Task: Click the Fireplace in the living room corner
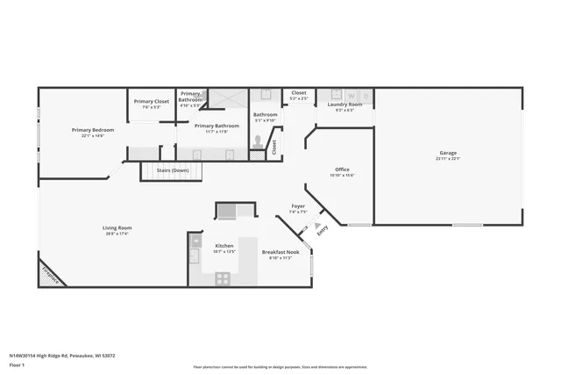(x=51, y=275)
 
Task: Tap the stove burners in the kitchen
(x=223, y=278)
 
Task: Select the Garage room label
(x=448, y=153)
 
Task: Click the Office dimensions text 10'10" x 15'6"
(x=342, y=176)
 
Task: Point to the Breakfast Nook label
(x=280, y=252)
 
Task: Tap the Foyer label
(x=298, y=206)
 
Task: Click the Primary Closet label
(x=151, y=101)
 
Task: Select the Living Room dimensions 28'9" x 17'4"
(x=117, y=234)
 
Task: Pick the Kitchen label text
(x=224, y=246)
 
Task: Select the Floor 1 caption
(x=17, y=364)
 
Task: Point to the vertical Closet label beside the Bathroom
(x=273, y=147)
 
